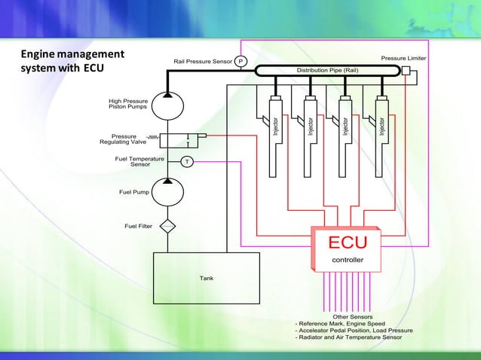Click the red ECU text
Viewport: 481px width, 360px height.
click(347, 243)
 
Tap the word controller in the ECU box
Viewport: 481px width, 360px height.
click(348, 260)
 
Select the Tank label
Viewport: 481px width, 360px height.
click(207, 278)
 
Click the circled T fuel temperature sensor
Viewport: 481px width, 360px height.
click(187, 162)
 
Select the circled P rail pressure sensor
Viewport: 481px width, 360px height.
click(240, 61)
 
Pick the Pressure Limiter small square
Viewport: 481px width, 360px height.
click(406, 71)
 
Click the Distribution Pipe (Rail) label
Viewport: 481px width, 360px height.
click(326, 70)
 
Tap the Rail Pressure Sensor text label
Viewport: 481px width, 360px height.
click(202, 61)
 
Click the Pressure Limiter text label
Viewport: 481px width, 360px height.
click(403, 57)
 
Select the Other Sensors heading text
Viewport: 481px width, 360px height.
click(352, 317)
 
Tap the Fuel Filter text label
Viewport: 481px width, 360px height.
click(138, 225)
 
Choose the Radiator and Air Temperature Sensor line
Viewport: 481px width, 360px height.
click(348, 337)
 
